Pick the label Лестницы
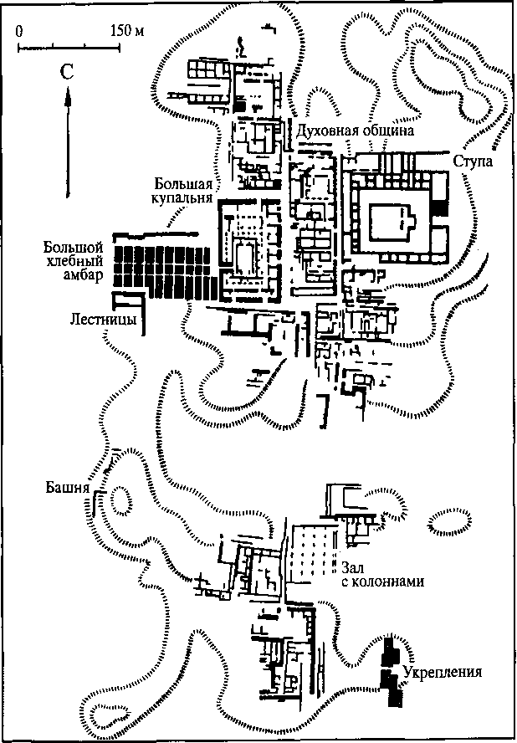(x=104, y=320)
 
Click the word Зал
(x=352, y=566)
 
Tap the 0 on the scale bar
(x=18, y=31)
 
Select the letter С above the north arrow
(x=65, y=73)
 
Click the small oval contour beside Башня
(x=121, y=500)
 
